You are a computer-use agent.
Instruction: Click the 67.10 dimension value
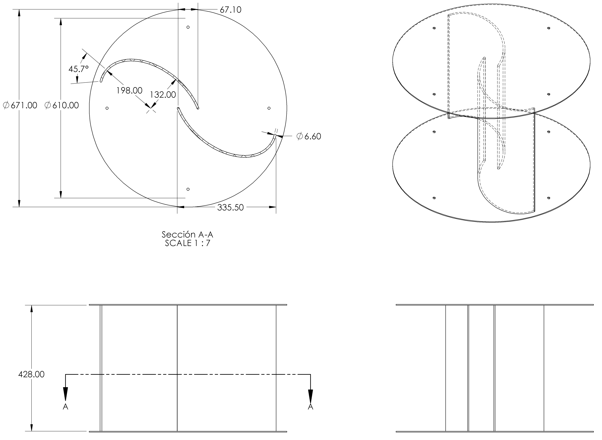(x=230, y=10)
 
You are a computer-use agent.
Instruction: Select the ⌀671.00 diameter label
(x=20, y=105)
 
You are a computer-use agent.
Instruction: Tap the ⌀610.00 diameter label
(x=62, y=105)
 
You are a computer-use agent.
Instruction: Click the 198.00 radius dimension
(x=129, y=91)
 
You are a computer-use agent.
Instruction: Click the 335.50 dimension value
(x=230, y=207)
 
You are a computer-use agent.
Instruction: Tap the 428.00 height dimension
(x=31, y=374)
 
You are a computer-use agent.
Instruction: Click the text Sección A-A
(x=188, y=235)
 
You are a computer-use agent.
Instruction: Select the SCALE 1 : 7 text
(x=188, y=243)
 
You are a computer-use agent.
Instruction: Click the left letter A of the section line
(x=65, y=407)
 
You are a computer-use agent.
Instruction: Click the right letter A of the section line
(x=310, y=407)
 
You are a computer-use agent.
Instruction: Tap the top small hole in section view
(x=188, y=27)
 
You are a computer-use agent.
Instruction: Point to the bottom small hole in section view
(x=188, y=189)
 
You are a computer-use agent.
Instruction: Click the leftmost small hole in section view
(x=107, y=108)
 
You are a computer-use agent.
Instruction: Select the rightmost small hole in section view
(x=269, y=108)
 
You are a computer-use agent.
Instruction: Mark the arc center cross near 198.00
(x=151, y=108)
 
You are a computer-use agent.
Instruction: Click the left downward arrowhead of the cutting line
(x=65, y=394)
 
